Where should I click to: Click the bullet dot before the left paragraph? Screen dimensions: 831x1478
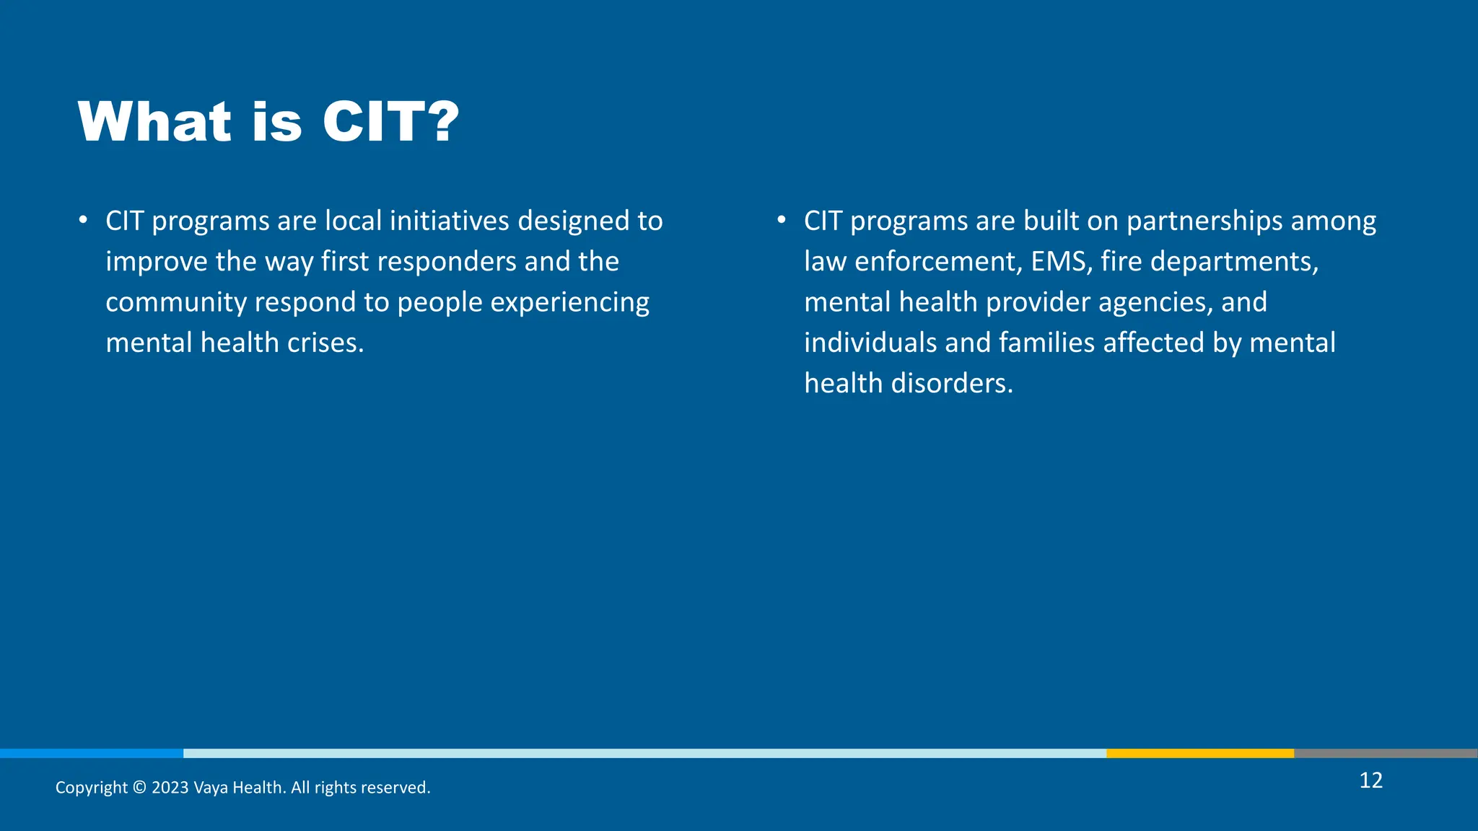coord(84,219)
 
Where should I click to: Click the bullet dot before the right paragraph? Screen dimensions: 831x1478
coord(782,219)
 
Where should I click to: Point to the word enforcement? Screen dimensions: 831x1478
coord(938,262)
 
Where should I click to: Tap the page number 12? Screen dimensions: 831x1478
coord(1370,781)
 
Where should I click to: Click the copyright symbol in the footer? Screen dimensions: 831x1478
coord(140,788)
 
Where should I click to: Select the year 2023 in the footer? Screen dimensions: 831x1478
coord(170,788)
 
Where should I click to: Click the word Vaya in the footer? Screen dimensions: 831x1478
coord(211,788)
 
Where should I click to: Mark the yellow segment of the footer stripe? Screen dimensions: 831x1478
coord(1199,753)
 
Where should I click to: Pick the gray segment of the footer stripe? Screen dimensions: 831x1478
coord(1386,753)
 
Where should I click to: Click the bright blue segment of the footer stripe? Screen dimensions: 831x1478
coord(92,753)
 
